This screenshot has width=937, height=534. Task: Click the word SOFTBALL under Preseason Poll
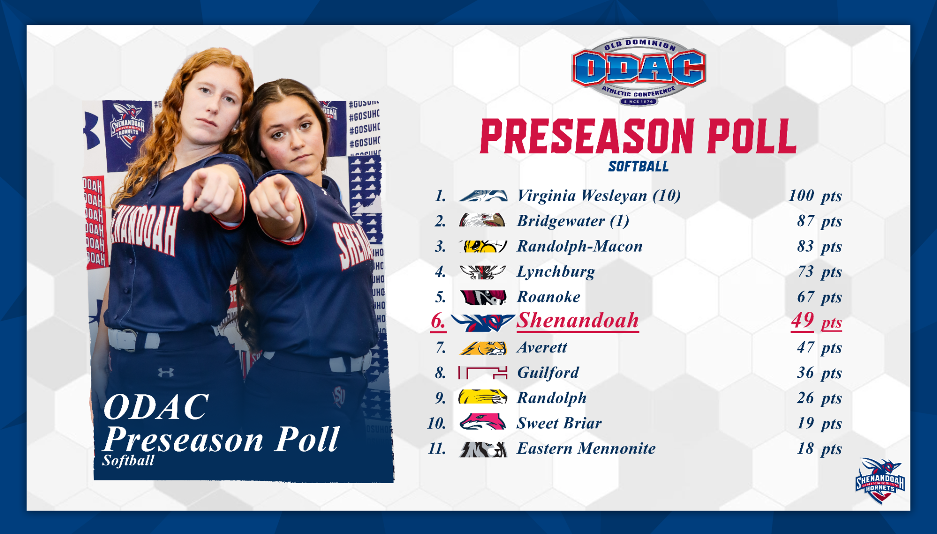[639, 166]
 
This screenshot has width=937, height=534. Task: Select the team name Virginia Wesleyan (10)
[599, 196]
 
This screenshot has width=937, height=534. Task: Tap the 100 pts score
[815, 196]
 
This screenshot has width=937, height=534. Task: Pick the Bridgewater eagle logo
[483, 220]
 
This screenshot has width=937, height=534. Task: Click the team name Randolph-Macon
[580, 246]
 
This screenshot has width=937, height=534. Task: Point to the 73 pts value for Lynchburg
[820, 272]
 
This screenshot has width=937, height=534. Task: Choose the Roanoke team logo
[483, 297]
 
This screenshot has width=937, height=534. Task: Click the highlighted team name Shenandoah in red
[578, 321]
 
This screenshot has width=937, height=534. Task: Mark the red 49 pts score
[817, 321]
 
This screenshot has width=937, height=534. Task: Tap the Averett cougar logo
[483, 348]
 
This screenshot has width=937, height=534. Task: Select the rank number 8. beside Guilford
[440, 373]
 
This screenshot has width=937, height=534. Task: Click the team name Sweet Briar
[559, 423]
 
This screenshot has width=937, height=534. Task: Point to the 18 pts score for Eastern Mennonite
[820, 449]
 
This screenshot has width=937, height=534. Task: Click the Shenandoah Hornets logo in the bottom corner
[880, 481]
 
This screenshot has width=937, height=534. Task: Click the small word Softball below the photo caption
[128, 461]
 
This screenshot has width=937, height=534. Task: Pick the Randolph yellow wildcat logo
[483, 397]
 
